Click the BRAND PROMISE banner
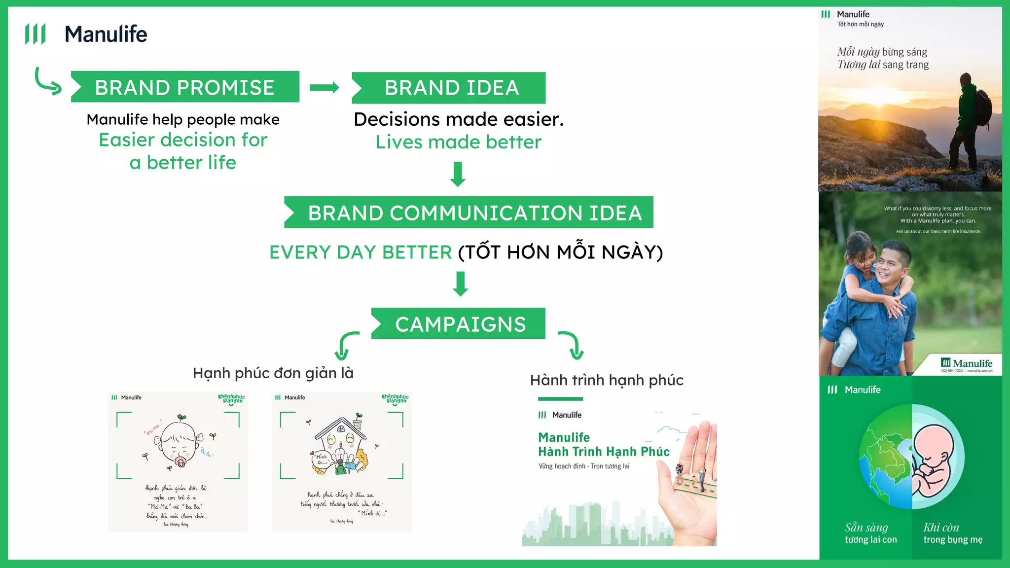tap(185, 87)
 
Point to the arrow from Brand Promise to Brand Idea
tap(324, 88)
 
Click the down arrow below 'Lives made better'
tap(458, 174)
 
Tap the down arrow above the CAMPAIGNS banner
tap(461, 284)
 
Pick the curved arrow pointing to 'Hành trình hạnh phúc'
tap(572, 345)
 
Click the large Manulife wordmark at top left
tap(106, 35)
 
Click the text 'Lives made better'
tap(458, 142)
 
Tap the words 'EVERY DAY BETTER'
tap(361, 252)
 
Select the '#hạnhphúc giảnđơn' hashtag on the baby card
tap(231, 399)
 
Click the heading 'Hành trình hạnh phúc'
tap(607, 380)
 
